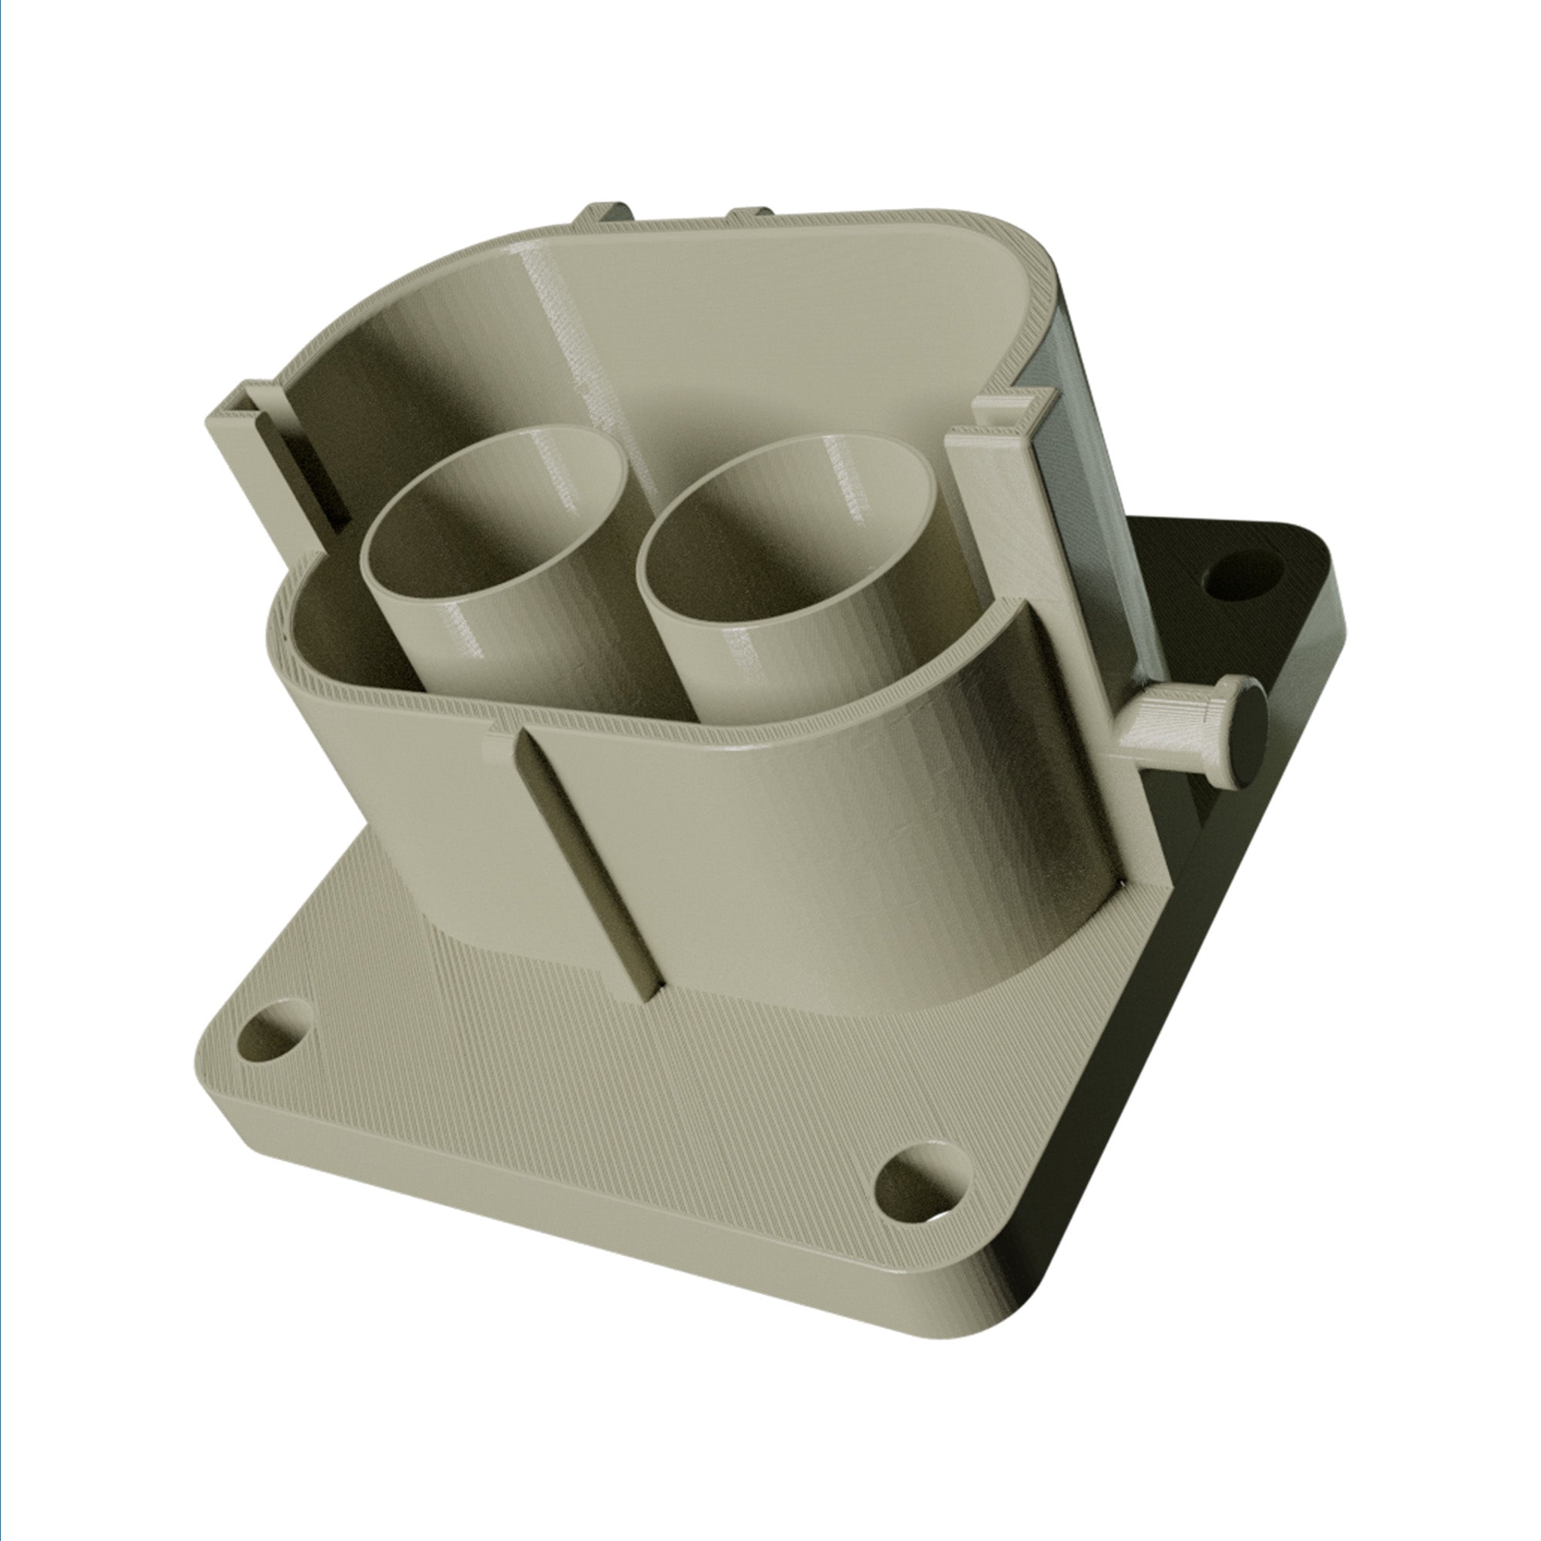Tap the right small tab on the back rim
(x=750, y=213)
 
